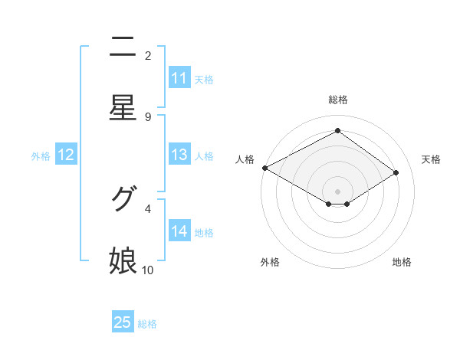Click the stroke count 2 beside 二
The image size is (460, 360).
[148, 55]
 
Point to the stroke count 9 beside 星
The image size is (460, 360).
[148, 116]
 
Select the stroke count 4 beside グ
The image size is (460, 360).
[148, 208]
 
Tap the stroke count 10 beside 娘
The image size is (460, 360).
[148, 270]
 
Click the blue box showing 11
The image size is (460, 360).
[179, 78]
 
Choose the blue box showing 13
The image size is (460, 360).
[179, 155]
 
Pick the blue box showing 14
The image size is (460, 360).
[179, 231]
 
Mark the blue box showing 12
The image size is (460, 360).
[66, 155]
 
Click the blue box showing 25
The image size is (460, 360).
[123, 322]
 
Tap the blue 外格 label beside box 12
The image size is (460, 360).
[41, 156]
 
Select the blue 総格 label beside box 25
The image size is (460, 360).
[147, 324]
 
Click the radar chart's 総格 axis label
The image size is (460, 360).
[337, 100]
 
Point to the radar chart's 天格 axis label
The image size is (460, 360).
[431, 159]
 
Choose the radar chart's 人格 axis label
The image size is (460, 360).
[245, 159]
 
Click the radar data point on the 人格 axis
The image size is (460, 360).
[264, 168]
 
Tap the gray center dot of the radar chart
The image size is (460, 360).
[337, 191]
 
